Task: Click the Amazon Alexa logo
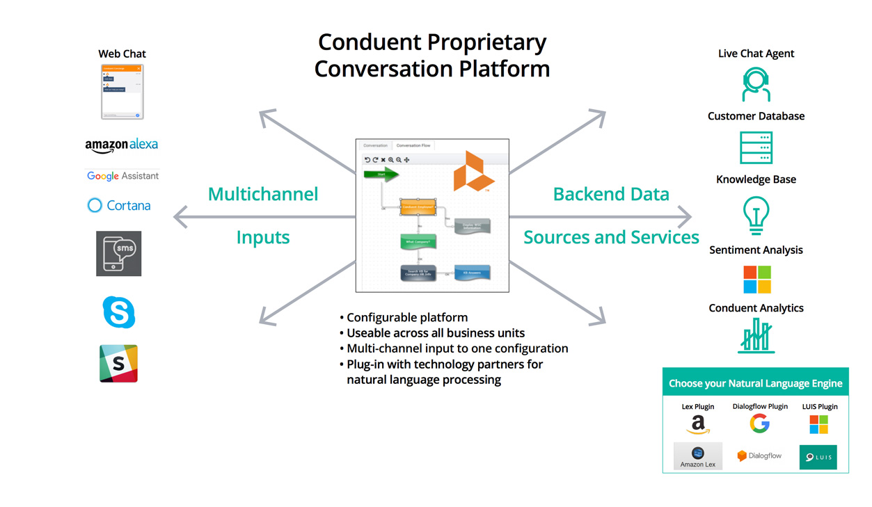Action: tap(122, 145)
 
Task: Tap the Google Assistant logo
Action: tap(122, 176)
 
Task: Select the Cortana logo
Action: tap(119, 205)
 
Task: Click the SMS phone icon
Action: tap(118, 254)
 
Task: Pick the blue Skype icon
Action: tap(119, 312)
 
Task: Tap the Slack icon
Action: tap(118, 363)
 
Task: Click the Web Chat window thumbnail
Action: tap(122, 92)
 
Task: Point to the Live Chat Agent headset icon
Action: tap(755, 85)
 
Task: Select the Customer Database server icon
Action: tap(756, 147)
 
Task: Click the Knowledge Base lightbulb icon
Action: tap(756, 215)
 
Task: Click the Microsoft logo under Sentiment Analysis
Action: tap(756, 280)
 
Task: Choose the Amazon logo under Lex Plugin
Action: tap(697, 424)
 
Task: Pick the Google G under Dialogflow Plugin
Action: tap(759, 423)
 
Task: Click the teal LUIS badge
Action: tap(818, 457)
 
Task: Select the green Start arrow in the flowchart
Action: tap(381, 174)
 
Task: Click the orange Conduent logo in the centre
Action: tap(473, 172)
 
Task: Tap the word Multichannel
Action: tap(263, 194)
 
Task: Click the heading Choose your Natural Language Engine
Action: tap(755, 383)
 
